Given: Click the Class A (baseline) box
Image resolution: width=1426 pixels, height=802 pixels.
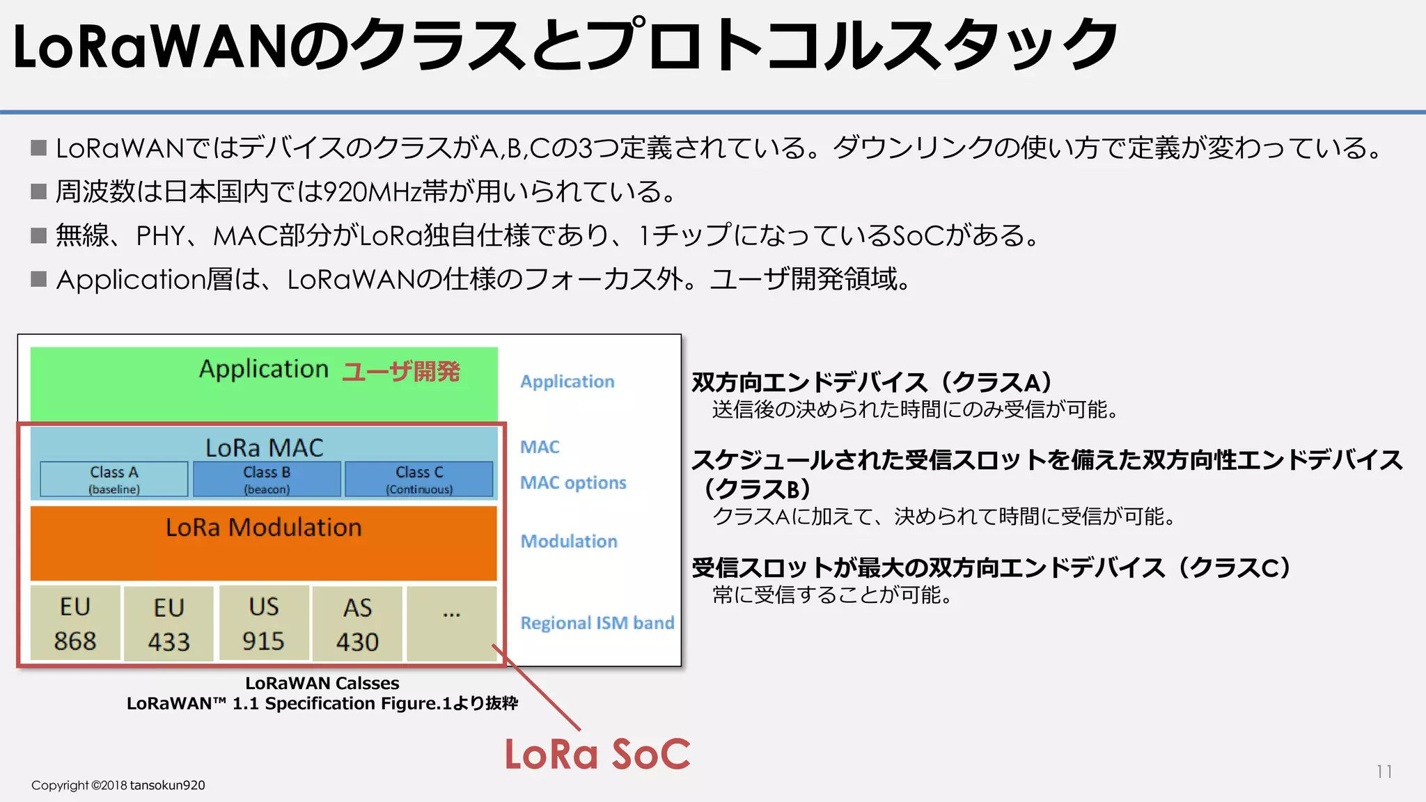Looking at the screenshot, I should (x=114, y=479).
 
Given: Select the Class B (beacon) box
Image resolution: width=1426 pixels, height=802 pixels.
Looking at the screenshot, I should (x=267, y=479).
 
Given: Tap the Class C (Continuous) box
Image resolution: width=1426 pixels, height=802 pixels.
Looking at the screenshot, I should (x=419, y=479).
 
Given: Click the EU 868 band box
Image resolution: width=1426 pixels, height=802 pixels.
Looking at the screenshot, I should (x=75, y=623).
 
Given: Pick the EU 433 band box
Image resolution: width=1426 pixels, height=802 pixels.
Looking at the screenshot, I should (x=169, y=624).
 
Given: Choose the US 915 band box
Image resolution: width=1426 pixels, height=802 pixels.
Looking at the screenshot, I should (x=264, y=623).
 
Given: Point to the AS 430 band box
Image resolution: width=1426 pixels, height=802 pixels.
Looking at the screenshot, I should (x=357, y=624).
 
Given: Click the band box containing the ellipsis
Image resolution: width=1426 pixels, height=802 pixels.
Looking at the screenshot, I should (x=452, y=623).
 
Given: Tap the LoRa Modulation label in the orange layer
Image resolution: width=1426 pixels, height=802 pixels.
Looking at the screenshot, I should (x=264, y=528).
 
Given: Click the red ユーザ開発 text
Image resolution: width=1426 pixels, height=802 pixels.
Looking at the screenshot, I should (x=401, y=372).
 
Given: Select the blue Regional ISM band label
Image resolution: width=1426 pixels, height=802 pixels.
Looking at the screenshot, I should (x=597, y=622).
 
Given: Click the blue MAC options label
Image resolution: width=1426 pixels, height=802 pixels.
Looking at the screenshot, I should (x=573, y=482).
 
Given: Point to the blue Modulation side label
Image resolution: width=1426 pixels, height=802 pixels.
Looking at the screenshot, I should (x=569, y=541).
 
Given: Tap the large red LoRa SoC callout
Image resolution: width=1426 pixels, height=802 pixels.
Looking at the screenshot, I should (x=597, y=755).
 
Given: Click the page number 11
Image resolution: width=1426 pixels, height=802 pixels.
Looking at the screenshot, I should (x=1384, y=771).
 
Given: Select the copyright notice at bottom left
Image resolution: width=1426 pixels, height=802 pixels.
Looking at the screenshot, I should (x=118, y=785).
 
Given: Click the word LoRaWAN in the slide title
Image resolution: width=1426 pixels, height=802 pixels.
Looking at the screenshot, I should (x=150, y=47).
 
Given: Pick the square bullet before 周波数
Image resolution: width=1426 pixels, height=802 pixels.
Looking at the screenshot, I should (x=39, y=191).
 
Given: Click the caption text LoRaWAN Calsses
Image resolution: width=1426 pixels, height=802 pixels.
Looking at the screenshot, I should (x=322, y=683).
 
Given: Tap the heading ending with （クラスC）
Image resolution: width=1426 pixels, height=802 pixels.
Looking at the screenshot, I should (x=992, y=567).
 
